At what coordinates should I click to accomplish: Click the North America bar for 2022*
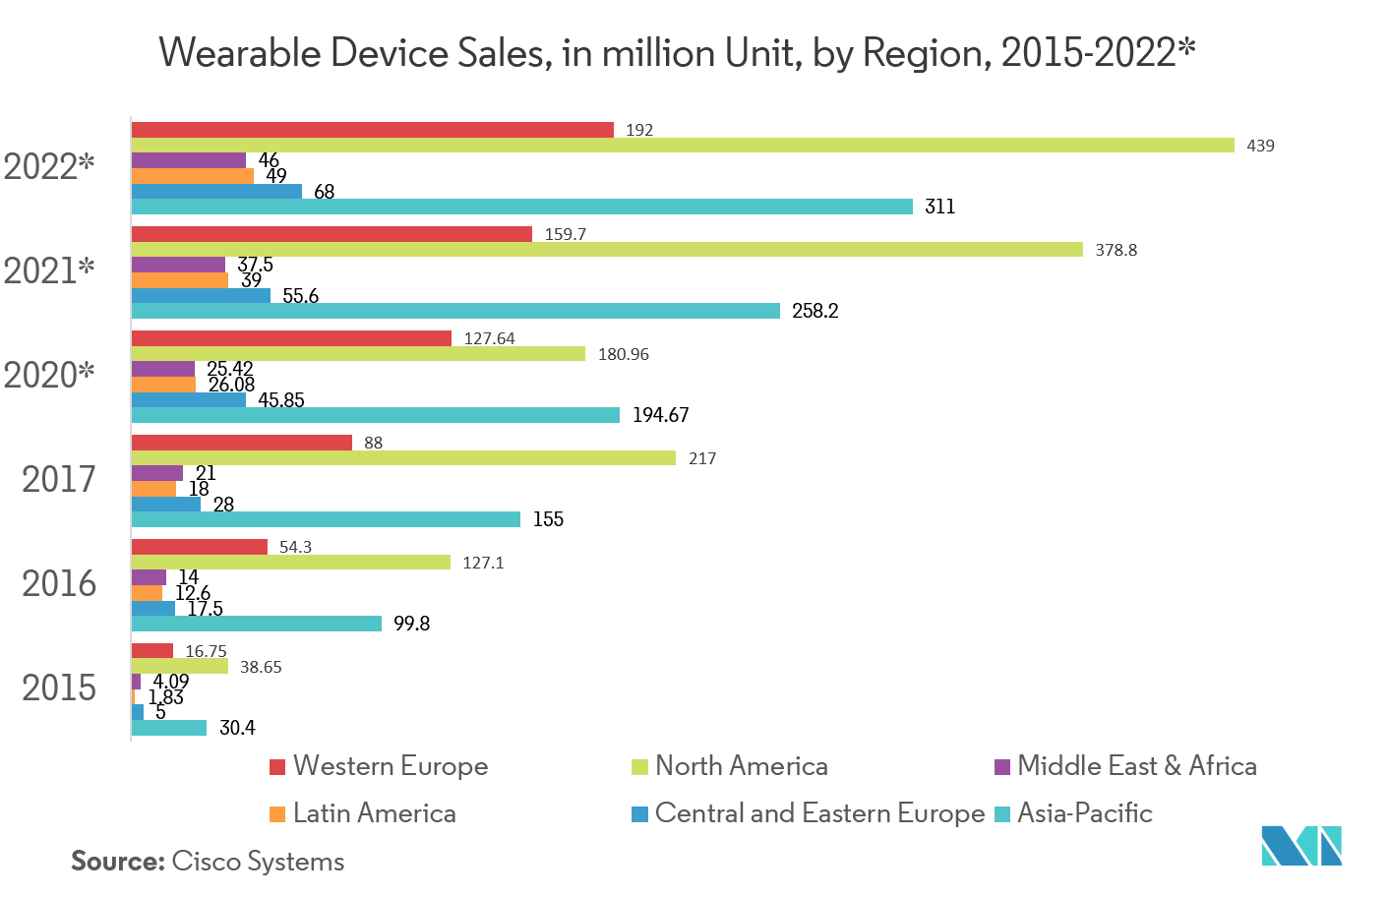coord(683,146)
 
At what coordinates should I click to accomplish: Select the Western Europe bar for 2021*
coord(332,234)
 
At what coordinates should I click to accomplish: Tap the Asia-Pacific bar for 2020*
coord(375,415)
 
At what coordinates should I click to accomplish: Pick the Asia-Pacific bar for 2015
coord(168,728)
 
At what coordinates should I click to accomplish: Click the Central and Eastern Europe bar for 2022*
coord(216,192)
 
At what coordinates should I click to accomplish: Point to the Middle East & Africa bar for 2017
coord(156,473)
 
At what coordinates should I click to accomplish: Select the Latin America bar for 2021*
coord(179,280)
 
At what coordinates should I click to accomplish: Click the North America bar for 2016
coord(290,563)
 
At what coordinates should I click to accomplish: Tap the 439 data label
coord(1260,146)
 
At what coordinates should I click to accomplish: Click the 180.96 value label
coord(624,354)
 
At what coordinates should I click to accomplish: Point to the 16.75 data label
coord(206,651)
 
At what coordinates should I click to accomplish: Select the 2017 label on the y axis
coord(59,479)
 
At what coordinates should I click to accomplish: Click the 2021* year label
coord(49,269)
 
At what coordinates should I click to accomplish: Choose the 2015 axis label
coord(59,688)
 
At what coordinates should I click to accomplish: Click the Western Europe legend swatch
coord(277,767)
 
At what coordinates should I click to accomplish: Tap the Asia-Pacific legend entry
coord(1084,813)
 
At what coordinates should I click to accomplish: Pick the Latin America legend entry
coord(374,813)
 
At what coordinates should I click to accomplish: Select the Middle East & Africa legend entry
coord(1136,766)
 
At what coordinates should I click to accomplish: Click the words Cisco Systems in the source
coord(258,862)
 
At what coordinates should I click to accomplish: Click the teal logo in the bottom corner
coord(1300,846)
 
